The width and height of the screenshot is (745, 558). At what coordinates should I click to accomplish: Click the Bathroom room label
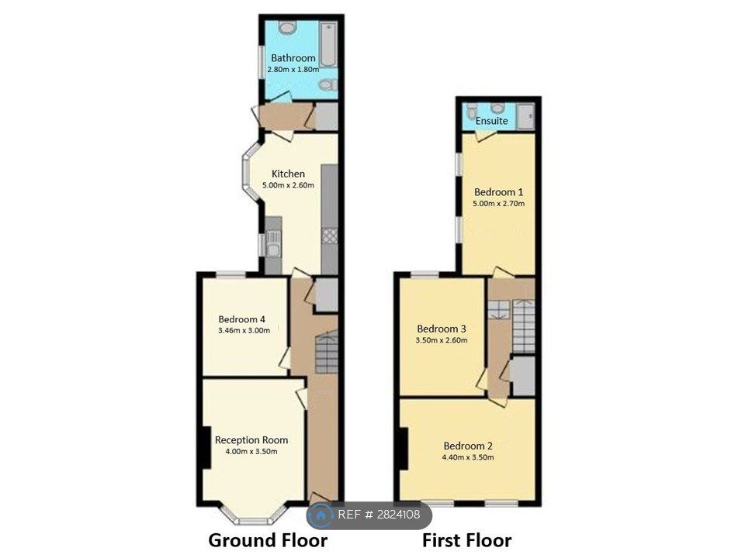pyautogui.click(x=293, y=58)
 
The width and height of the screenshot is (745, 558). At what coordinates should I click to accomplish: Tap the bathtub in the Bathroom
pyautogui.click(x=327, y=44)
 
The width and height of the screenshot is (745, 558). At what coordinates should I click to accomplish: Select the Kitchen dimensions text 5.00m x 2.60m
pyautogui.click(x=289, y=185)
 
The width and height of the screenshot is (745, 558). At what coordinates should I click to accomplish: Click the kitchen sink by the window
pyautogui.click(x=273, y=243)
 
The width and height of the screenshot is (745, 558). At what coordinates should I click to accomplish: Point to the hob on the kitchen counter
pyautogui.click(x=329, y=236)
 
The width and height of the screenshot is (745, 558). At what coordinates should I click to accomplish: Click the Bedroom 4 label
pyautogui.click(x=242, y=319)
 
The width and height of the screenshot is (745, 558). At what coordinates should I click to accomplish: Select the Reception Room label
pyautogui.click(x=251, y=440)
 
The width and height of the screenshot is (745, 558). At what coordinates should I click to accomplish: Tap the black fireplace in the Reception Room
pyautogui.click(x=205, y=447)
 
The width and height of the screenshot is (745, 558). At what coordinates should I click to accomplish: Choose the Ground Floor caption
pyautogui.click(x=268, y=540)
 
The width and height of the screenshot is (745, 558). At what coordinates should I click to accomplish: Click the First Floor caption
pyautogui.click(x=467, y=540)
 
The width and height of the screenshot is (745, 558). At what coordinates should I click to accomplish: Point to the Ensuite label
pyautogui.click(x=492, y=121)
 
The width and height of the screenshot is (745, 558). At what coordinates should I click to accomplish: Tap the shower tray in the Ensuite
pyautogui.click(x=526, y=116)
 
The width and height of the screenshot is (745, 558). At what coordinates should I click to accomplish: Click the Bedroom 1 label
pyautogui.click(x=499, y=192)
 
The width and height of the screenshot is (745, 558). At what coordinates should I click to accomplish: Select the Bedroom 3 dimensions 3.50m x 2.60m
pyautogui.click(x=442, y=340)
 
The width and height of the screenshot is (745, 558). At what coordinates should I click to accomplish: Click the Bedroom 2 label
pyautogui.click(x=468, y=446)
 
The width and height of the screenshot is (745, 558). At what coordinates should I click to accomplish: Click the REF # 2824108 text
pyautogui.click(x=379, y=515)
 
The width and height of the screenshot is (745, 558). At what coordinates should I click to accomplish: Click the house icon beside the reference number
pyautogui.click(x=321, y=515)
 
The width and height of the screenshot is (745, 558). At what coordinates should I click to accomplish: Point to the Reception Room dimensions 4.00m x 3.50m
pyautogui.click(x=251, y=451)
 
